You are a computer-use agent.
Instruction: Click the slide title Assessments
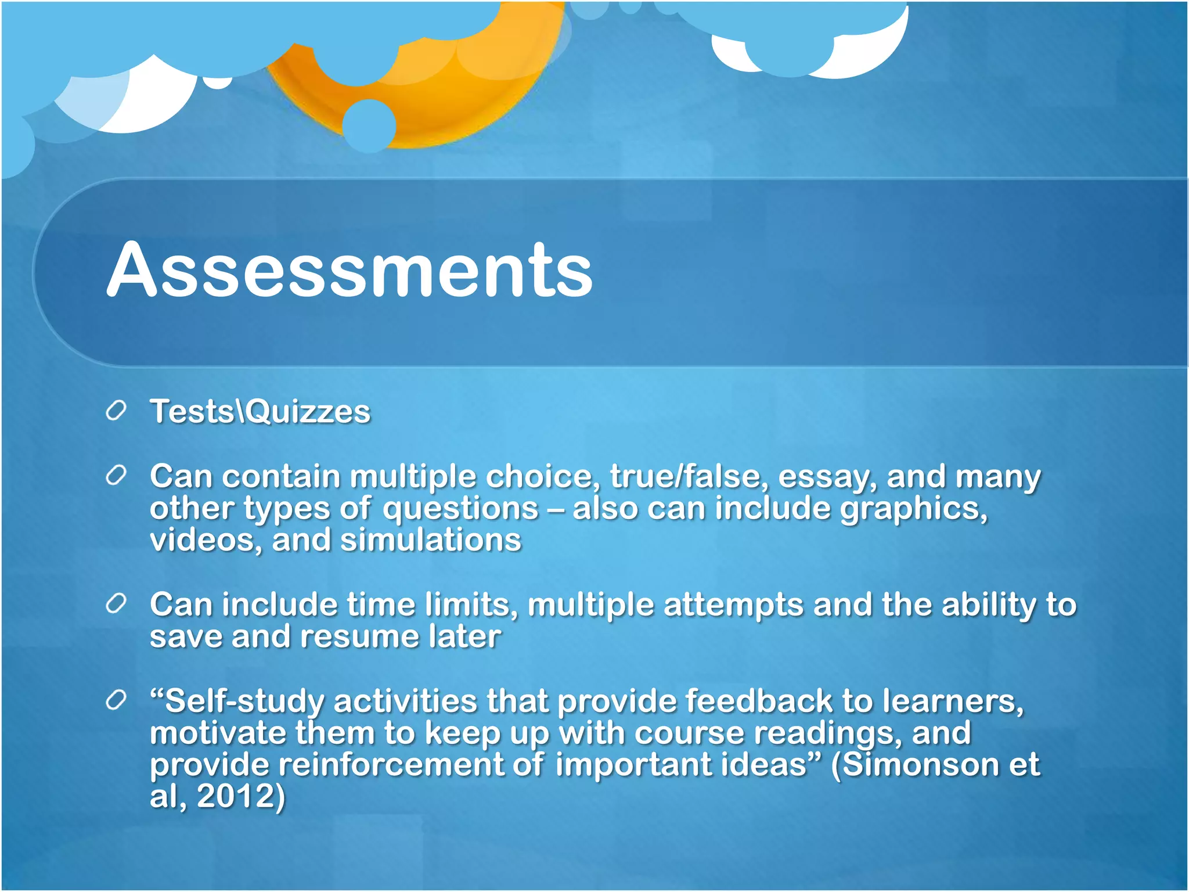click(x=350, y=270)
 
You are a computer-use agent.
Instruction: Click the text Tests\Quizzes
click(x=260, y=412)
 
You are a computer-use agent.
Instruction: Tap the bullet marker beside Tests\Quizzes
click(x=116, y=411)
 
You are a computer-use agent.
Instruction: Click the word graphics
click(x=914, y=509)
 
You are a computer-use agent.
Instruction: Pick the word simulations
click(x=430, y=540)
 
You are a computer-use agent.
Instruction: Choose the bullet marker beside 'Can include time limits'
click(x=116, y=605)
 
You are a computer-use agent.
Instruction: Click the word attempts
click(x=733, y=605)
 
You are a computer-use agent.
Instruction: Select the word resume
click(x=359, y=636)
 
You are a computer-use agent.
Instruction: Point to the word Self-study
click(x=238, y=702)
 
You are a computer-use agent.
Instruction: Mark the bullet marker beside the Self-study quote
click(x=116, y=701)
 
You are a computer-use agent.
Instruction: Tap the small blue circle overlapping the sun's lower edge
click(x=369, y=125)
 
